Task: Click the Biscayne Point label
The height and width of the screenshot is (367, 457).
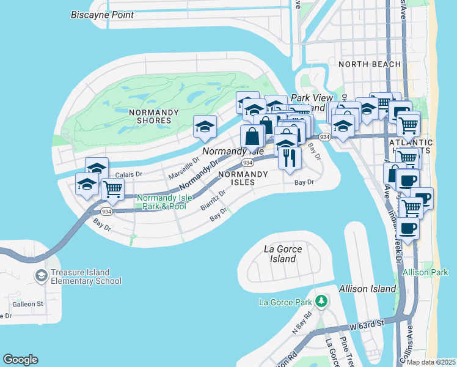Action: tap(102, 15)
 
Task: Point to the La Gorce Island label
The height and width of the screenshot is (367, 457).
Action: tap(283, 254)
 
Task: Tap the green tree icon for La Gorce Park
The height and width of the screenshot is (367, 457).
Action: tap(321, 302)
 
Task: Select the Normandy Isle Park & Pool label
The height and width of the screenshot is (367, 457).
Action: tap(161, 202)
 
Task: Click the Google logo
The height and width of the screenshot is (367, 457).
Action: tap(20, 360)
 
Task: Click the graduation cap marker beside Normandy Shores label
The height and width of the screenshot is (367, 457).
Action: tap(205, 126)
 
